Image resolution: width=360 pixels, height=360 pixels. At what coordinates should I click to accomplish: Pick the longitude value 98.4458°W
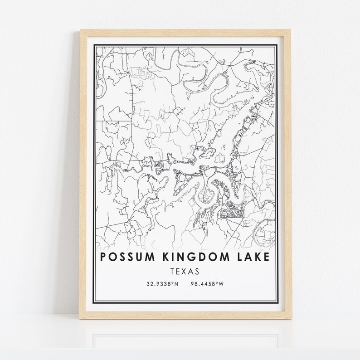(208, 284)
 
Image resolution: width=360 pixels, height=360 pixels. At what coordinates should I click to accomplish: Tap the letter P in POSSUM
(103, 257)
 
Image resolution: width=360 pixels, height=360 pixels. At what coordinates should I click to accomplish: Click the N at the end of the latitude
(177, 284)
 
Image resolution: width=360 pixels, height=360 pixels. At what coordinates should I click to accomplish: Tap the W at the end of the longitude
(222, 284)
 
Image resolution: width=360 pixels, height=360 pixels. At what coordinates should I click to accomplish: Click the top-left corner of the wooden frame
(81, 30)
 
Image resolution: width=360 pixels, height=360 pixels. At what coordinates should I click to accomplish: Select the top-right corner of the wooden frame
(291, 30)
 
